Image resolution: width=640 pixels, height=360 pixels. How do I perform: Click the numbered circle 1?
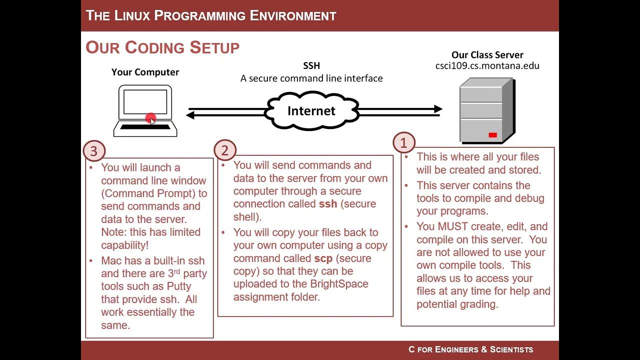click(404, 143)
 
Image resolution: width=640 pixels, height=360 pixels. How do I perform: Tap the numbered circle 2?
click(225, 150)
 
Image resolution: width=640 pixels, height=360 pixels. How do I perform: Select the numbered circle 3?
click(94, 150)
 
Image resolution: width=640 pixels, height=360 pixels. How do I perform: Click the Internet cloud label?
click(311, 110)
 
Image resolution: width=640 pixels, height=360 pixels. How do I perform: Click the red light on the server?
click(492, 135)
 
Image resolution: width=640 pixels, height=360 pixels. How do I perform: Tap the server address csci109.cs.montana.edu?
click(487, 65)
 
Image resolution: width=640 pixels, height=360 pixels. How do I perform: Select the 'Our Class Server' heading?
click(487, 55)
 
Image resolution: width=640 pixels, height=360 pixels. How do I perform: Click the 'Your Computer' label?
click(145, 72)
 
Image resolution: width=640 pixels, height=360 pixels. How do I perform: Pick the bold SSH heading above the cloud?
click(311, 65)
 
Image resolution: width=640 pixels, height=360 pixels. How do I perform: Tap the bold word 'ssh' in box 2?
click(328, 204)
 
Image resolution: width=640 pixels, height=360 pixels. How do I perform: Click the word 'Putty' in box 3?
click(175, 286)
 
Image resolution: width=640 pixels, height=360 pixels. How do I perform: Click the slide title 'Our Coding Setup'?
click(162, 47)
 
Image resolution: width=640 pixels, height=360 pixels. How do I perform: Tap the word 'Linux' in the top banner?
click(132, 15)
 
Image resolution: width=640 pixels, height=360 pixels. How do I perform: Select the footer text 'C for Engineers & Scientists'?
click(470, 349)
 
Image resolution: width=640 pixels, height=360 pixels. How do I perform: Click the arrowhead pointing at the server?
click(438, 109)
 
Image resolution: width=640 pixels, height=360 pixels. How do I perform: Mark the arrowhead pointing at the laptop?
click(190, 115)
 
